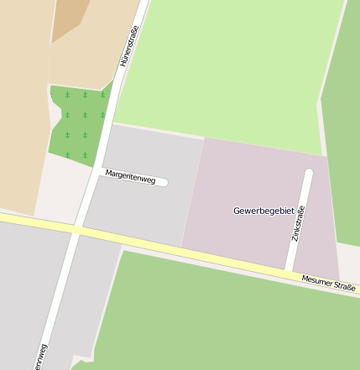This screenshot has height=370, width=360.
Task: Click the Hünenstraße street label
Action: point(129,46)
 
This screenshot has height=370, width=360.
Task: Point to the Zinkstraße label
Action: point(297,224)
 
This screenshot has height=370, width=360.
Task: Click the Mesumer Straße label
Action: point(328,284)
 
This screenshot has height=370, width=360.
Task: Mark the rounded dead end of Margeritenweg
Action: point(164,182)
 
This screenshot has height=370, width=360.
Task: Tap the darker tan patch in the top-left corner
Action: point(70,18)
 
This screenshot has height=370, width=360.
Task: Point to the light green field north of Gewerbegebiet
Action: point(227,67)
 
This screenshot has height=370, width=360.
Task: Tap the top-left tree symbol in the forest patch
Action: point(67,95)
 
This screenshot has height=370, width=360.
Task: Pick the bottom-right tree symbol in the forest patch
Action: point(85,154)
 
